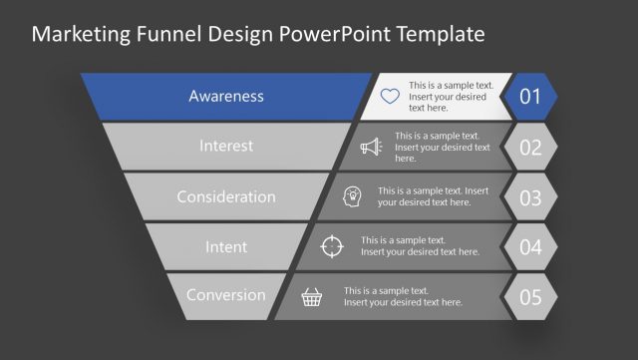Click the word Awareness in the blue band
(x=226, y=97)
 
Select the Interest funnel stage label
(x=226, y=146)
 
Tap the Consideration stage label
(x=226, y=196)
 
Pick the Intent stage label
(x=226, y=246)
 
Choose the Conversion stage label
(x=226, y=295)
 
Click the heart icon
(x=390, y=97)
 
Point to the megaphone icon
(x=371, y=147)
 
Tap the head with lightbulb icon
(x=352, y=196)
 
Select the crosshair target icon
(x=332, y=246)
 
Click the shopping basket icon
(x=313, y=296)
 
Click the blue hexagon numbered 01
(x=530, y=97)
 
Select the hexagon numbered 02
(x=530, y=147)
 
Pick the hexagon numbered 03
(x=530, y=196)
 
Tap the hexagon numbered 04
(x=530, y=246)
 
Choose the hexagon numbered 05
(x=530, y=296)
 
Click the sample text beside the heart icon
(x=452, y=97)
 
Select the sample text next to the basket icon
(x=403, y=296)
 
